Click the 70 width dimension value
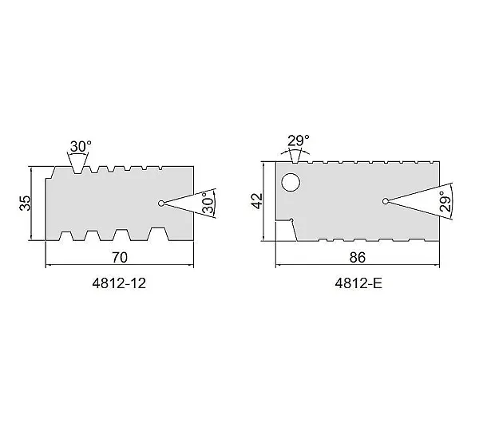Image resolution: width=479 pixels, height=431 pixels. (120, 258)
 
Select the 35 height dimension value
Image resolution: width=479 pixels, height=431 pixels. (26, 203)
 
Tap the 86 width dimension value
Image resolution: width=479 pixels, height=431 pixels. (358, 258)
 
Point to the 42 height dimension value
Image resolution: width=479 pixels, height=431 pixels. (258, 201)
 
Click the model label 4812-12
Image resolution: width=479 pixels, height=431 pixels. (119, 284)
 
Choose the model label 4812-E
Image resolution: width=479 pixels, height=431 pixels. (358, 284)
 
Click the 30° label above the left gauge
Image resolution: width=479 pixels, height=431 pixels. (81, 146)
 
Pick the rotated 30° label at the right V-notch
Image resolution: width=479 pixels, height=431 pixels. (208, 203)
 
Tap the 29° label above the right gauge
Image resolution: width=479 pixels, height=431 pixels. (299, 140)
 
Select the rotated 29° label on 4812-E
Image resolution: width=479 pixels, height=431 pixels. (445, 202)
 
